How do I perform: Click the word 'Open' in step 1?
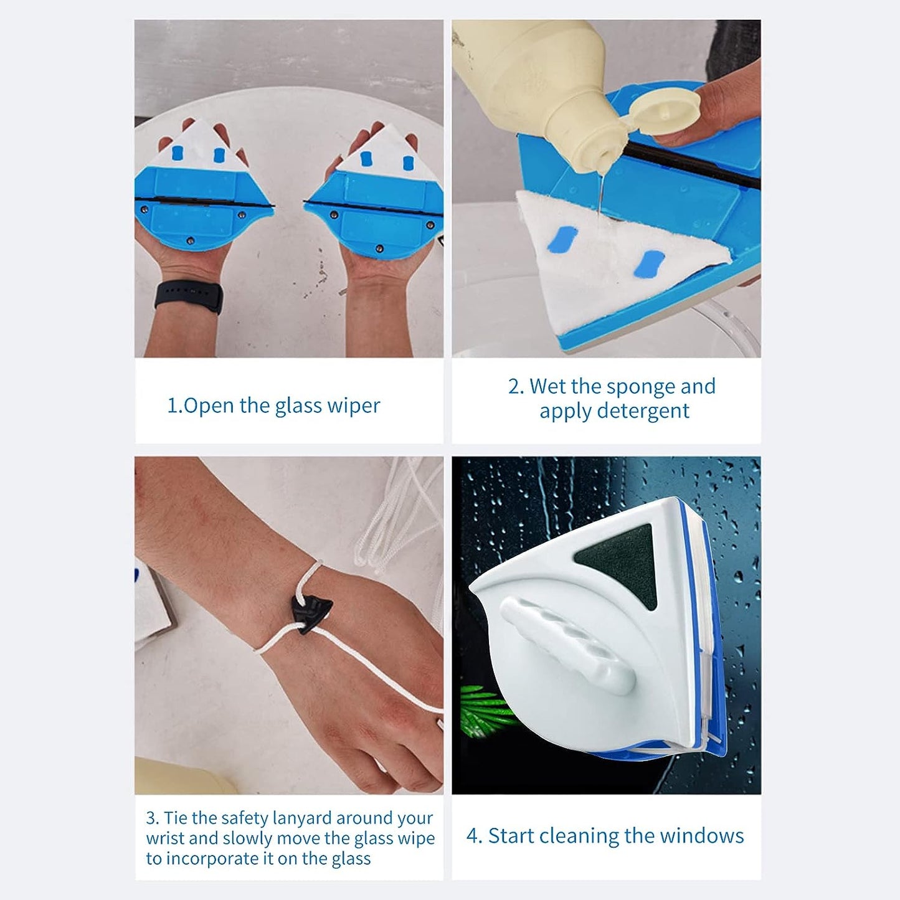[x=210, y=405]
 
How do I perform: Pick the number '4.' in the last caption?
[x=474, y=836]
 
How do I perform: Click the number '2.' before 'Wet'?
[x=516, y=387]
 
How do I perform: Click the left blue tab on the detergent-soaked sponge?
[x=562, y=239]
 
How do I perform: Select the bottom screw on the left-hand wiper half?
[x=190, y=240]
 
